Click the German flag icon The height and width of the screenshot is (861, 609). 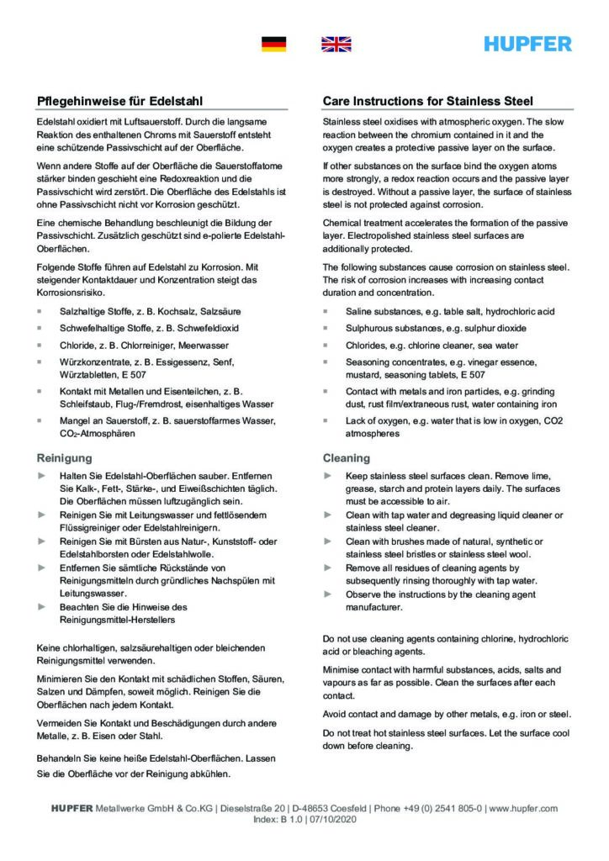coord(274,45)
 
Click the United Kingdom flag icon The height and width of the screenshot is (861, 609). coord(336,45)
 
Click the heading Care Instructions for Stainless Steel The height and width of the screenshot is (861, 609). coord(428,100)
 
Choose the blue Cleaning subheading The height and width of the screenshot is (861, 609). coord(347,458)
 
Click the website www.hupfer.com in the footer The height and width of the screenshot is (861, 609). coord(522,808)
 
